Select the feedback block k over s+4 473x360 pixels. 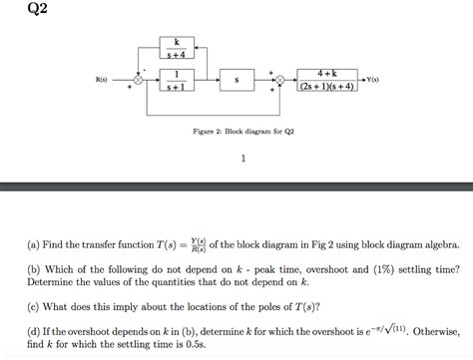177,47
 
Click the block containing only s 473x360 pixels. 236,78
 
